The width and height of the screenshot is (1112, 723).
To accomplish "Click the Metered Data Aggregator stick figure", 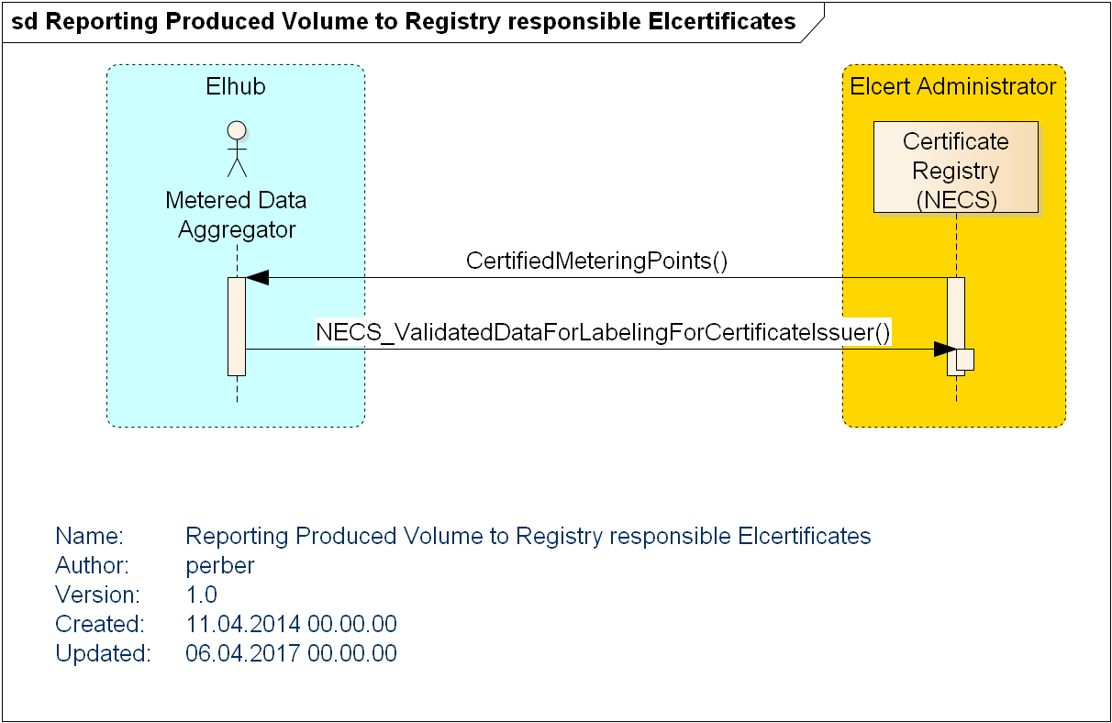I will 237,148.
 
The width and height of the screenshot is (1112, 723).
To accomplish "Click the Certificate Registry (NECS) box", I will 955,168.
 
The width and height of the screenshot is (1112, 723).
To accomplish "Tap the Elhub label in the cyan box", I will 236,87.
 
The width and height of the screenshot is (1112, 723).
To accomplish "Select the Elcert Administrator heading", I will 953,87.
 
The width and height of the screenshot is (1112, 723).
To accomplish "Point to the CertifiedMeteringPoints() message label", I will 596,261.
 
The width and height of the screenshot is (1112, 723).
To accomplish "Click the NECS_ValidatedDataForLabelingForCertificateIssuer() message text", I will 603,332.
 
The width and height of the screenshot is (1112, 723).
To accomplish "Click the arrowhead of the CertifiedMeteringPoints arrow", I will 257,277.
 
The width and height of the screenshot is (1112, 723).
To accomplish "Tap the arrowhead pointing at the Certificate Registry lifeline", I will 944,349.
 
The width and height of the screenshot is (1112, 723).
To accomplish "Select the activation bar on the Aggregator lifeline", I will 237,326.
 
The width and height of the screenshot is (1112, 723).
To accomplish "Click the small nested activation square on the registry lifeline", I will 964,359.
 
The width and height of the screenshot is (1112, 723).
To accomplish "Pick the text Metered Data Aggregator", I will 237,215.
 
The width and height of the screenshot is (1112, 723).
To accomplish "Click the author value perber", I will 220,565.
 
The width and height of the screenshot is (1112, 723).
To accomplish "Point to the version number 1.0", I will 202,595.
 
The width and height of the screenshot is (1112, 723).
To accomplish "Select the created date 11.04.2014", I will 243,624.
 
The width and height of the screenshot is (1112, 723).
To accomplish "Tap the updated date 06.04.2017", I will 243,653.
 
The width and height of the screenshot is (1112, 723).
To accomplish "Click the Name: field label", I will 89,536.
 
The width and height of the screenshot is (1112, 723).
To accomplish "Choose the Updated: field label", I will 103,653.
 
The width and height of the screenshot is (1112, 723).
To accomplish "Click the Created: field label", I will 100,624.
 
